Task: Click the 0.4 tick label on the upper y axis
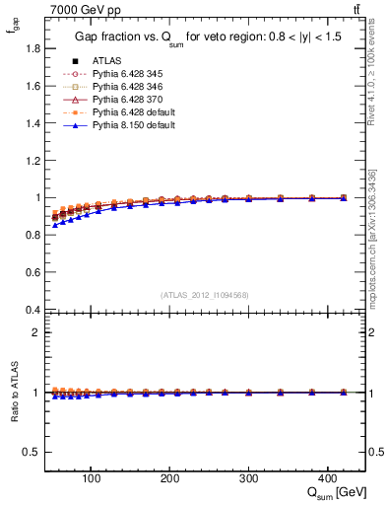(32, 310)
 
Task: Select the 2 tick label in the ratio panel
(36, 332)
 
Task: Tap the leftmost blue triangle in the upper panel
(55, 226)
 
